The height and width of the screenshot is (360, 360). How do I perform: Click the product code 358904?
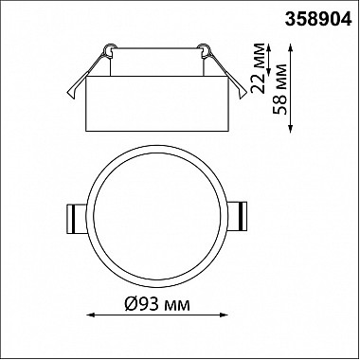click(x=318, y=20)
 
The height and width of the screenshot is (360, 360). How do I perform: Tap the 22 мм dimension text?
click(x=259, y=67)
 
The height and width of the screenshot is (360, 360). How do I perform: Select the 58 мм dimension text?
click(x=280, y=89)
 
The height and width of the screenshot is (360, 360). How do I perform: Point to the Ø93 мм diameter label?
click(x=157, y=304)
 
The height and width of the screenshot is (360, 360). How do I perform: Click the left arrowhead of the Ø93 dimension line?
click(x=91, y=315)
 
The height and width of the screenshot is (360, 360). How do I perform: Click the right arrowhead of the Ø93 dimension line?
click(x=224, y=315)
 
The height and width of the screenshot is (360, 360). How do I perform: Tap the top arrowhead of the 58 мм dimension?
click(x=291, y=48)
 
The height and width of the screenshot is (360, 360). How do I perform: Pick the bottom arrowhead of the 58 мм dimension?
click(x=291, y=129)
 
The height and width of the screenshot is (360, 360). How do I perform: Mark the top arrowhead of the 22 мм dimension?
click(x=269, y=48)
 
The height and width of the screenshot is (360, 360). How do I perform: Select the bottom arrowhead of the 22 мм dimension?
click(x=269, y=72)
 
